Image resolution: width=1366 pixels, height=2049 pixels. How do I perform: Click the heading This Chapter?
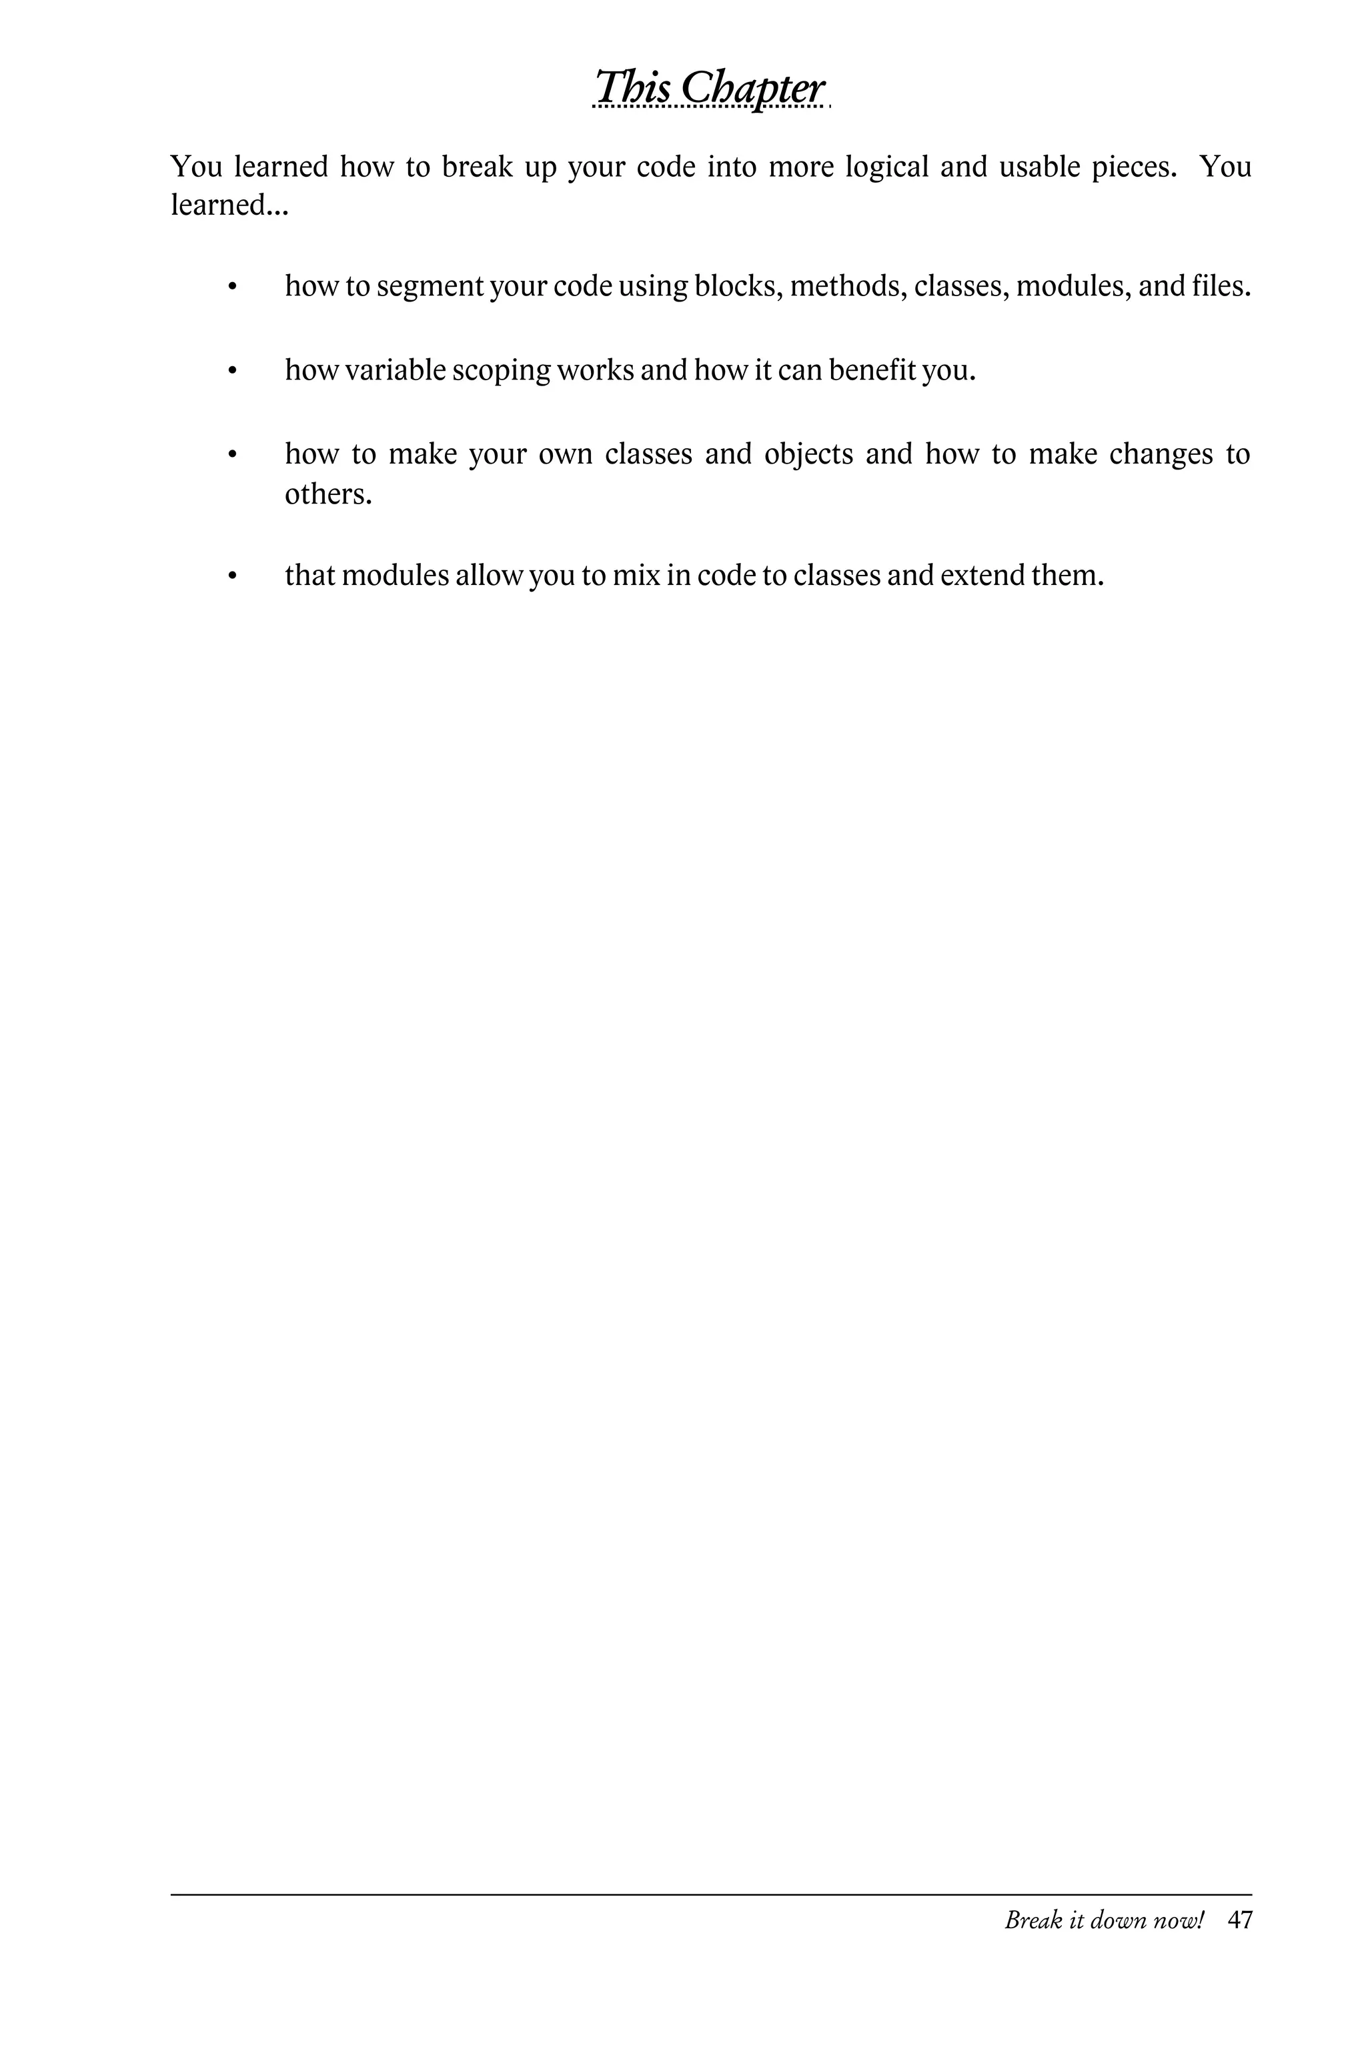tap(709, 88)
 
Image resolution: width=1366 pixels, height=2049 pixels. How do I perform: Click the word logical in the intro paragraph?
tap(887, 166)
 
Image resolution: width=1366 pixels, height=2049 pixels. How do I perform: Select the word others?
tap(327, 494)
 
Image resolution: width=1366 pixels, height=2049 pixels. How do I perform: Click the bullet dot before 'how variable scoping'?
tap(231, 371)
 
